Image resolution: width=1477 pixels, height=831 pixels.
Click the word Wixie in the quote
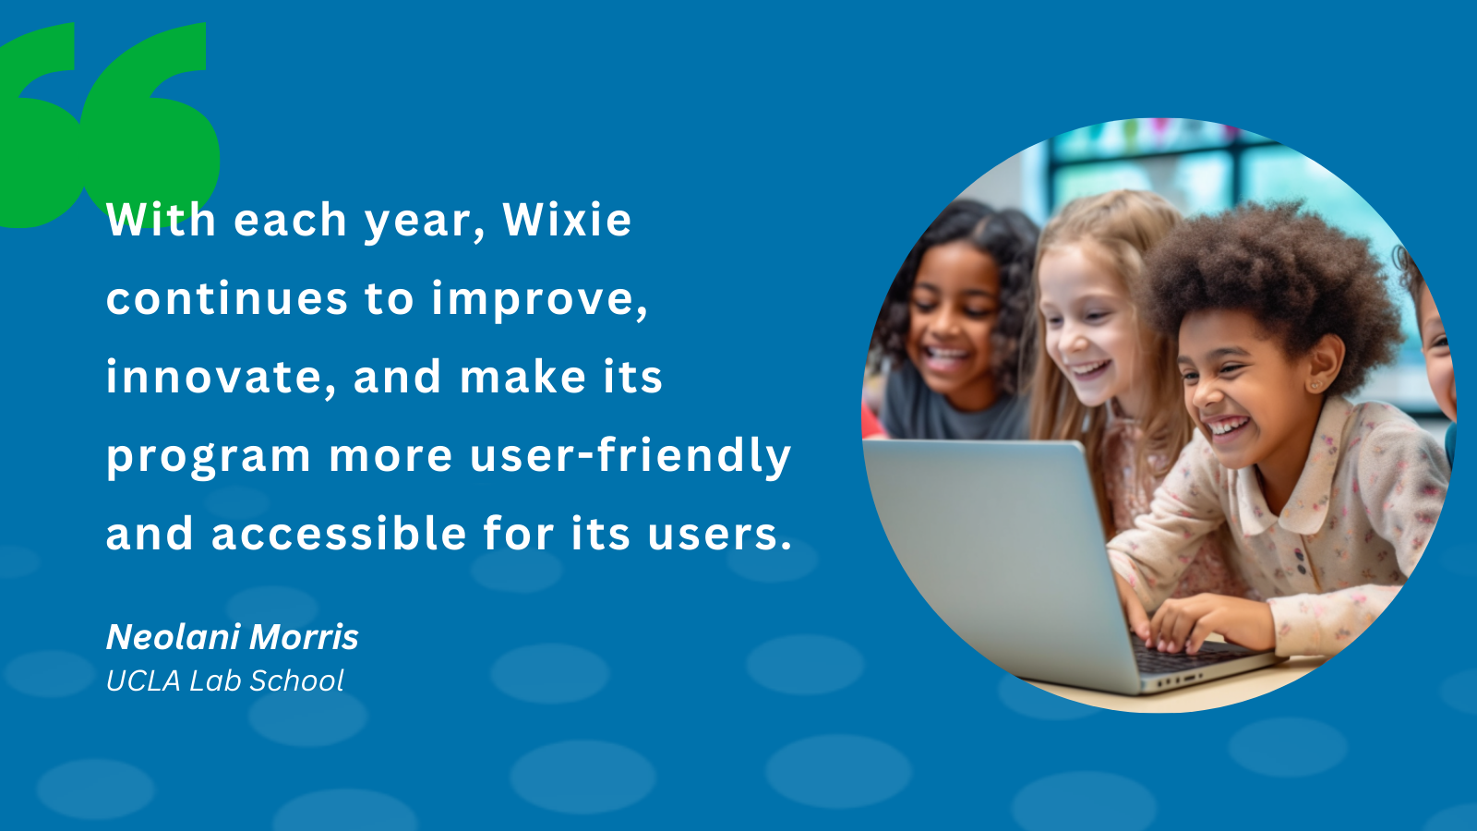click(567, 220)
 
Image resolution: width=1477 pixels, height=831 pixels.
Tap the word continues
click(227, 299)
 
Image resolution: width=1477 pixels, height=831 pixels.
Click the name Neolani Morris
click(233, 637)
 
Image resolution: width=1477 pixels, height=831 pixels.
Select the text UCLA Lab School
click(225, 681)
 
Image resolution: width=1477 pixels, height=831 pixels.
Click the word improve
click(539, 299)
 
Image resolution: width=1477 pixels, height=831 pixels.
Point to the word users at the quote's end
click(719, 534)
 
